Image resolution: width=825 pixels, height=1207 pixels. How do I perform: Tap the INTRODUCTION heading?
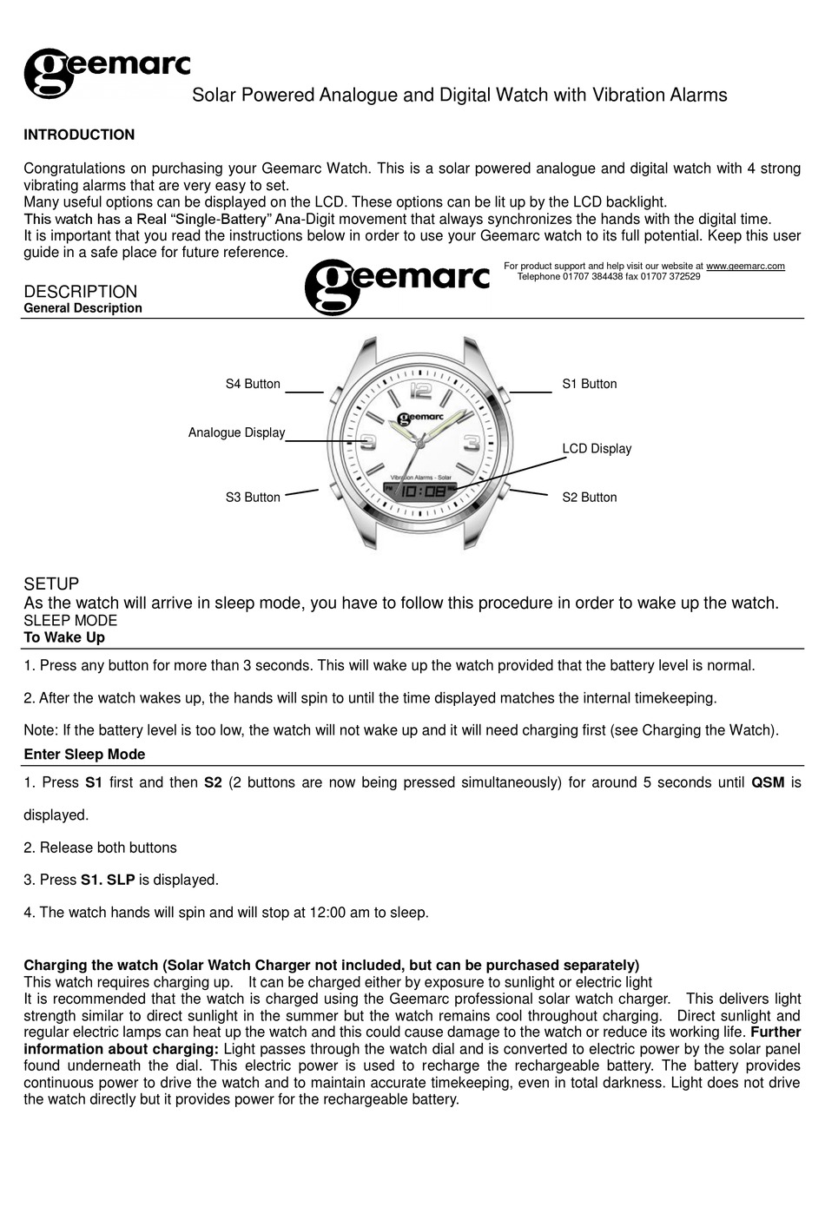pos(79,135)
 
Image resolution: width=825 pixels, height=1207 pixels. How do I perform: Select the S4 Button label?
pos(253,384)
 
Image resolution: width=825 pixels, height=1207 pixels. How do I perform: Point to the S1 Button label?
pos(589,384)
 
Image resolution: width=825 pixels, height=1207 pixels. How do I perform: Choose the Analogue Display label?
pos(236,432)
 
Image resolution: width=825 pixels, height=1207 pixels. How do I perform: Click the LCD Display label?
pos(597,449)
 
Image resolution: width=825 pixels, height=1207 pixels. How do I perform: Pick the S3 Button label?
pos(253,498)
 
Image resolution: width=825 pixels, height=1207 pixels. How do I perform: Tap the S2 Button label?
pos(589,498)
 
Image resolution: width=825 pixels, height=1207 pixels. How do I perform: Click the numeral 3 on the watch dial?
pos(471,441)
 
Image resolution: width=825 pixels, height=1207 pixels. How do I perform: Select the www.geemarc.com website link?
pos(745,266)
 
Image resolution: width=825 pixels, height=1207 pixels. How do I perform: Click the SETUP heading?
pos(51,584)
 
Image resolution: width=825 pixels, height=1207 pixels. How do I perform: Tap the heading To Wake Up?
pos(64,637)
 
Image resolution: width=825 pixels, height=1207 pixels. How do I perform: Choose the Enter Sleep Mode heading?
pos(84,755)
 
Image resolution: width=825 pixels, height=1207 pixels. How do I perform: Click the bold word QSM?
pos(768,782)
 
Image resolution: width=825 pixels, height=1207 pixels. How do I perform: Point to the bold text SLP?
pos(121,880)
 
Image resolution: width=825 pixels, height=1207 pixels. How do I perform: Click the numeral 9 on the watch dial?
pos(368,443)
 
